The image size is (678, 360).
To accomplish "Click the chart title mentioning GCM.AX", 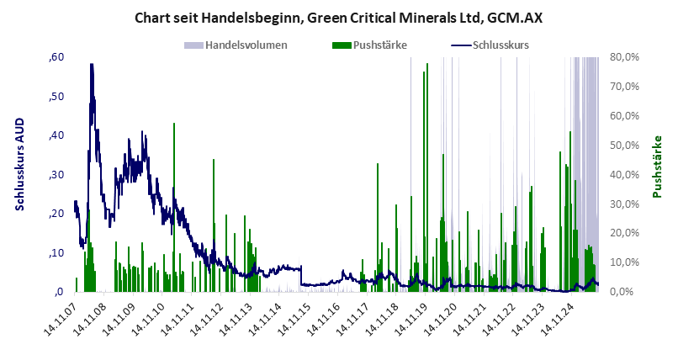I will (338, 18).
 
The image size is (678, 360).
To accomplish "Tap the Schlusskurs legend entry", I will (501, 44).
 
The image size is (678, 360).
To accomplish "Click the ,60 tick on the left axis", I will (56, 57).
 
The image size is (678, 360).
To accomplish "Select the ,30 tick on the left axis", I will (56, 174).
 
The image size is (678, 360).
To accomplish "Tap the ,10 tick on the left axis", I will (56, 253).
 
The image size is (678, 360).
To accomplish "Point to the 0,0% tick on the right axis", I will (627, 292).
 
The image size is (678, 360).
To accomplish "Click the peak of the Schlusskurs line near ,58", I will (91, 64).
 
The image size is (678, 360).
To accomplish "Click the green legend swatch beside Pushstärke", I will (342, 44).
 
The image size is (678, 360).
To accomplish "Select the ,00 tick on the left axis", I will (58, 292).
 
